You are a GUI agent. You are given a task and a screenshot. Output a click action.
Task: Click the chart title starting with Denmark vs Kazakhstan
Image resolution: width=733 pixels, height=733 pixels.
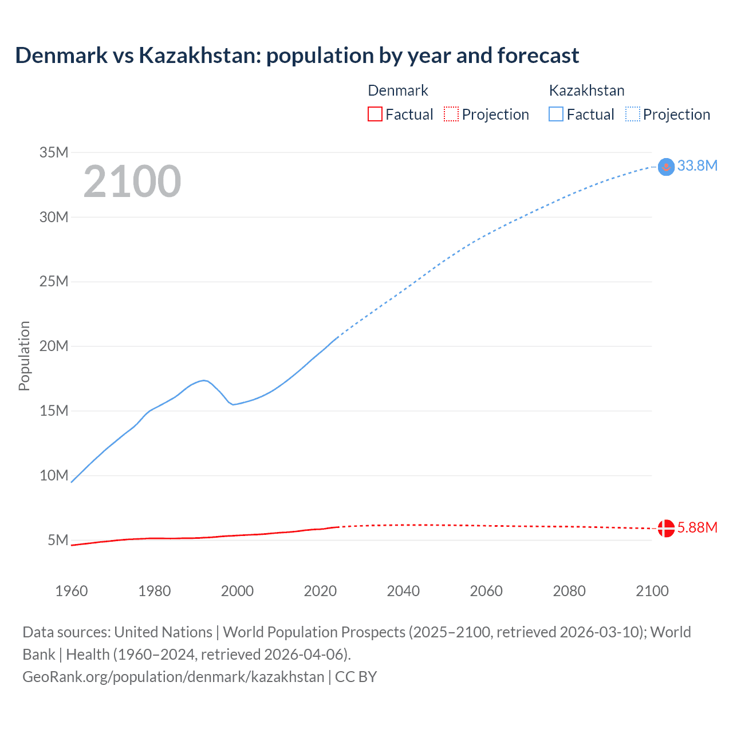(x=297, y=56)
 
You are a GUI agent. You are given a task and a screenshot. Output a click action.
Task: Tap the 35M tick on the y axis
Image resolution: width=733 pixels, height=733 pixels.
(x=54, y=152)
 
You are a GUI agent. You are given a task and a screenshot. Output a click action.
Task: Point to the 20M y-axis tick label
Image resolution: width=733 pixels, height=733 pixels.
(x=54, y=346)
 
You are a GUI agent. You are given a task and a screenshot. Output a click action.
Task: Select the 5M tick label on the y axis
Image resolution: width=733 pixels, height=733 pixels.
(x=58, y=540)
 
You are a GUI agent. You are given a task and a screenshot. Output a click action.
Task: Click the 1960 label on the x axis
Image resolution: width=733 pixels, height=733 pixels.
(x=72, y=591)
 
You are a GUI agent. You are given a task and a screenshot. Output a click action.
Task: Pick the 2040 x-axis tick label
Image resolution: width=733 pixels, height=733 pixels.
(x=403, y=591)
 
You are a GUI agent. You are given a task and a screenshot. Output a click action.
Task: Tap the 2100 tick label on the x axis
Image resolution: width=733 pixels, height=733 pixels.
(x=652, y=591)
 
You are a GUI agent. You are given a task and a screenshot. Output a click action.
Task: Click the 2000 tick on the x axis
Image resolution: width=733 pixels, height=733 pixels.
(x=237, y=591)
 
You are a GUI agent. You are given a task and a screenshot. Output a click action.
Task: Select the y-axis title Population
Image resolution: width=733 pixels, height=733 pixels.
(x=24, y=356)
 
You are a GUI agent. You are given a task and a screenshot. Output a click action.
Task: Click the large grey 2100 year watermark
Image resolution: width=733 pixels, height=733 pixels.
(x=132, y=182)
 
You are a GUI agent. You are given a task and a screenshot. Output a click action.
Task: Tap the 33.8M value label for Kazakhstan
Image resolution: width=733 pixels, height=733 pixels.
(x=697, y=165)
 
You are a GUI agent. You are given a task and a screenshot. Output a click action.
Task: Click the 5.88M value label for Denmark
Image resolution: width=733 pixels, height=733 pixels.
(x=697, y=527)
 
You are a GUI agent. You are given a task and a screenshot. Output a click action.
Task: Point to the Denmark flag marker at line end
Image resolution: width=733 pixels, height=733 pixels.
(x=666, y=528)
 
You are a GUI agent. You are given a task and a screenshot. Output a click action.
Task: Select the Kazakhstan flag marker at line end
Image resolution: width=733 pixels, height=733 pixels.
(x=666, y=167)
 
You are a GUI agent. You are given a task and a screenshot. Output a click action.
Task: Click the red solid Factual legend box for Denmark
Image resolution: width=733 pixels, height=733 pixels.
(x=375, y=115)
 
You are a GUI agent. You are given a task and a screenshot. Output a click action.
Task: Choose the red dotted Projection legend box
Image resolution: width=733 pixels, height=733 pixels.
(x=451, y=115)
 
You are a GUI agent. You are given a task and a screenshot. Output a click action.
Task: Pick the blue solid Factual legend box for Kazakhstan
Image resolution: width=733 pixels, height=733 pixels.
(x=556, y=115)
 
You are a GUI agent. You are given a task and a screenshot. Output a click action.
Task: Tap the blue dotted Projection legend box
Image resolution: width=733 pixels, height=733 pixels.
(x=633, y=115)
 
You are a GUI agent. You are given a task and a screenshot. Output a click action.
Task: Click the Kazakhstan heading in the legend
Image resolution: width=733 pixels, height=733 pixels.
(x=586, y=90)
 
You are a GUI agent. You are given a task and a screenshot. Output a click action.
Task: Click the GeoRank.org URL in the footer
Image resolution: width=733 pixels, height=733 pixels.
(x=174, y=676)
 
